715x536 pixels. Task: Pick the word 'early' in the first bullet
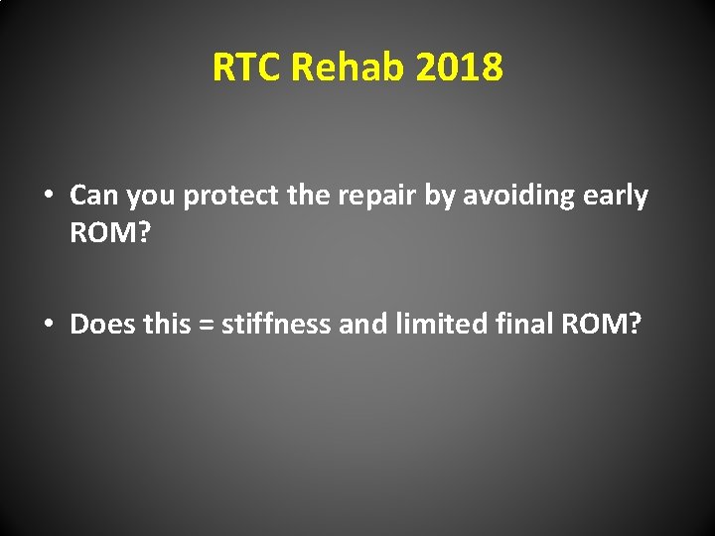616,197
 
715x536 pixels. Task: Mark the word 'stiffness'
276,324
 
